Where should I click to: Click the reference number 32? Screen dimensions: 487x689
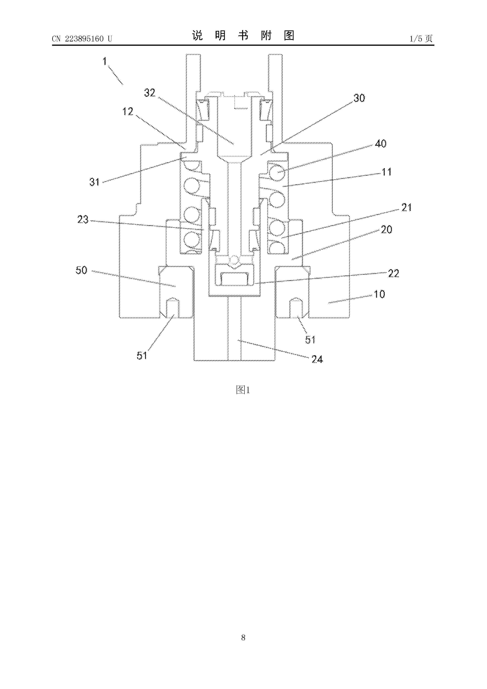pos(150,93)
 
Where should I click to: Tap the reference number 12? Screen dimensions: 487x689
pos(128,112)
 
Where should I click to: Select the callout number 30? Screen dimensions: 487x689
pos(359,98)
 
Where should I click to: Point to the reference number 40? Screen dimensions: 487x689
pos(381,144)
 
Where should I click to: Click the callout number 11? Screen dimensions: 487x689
pos(386,172)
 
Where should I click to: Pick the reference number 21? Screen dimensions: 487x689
pos(406,207)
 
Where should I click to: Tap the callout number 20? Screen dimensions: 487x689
pos(386,230)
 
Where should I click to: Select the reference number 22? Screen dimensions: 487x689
pos(394,273)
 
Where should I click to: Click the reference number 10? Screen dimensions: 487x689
pos(380,294)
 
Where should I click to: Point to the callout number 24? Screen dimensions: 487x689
pos(317,359)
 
